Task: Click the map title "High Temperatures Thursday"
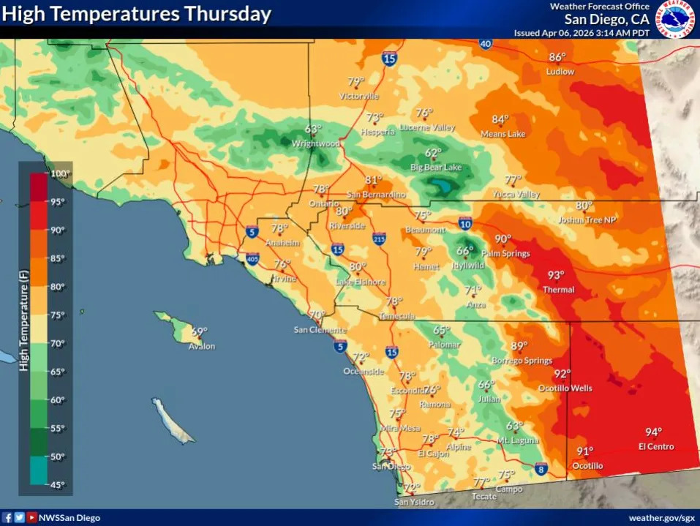(x=137, y=14)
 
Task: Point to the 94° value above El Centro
(x=652, y=432)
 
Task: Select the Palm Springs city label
(x=505, y=253)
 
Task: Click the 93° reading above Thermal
(x=556, y=276)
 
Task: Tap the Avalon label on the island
(x=202, y=346)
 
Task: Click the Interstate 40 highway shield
(x=486, y=44)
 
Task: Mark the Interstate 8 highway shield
(x=541, y=468)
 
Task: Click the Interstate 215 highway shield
(x=379, y=238)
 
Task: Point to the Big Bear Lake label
(x=436, y=168)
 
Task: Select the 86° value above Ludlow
(x=557, y=57)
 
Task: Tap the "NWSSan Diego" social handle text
(x=69, y=517)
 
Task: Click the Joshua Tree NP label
(x=587, y=219)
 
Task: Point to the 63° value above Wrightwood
(x=313, y=129)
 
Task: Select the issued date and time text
(x=581, y=33)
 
